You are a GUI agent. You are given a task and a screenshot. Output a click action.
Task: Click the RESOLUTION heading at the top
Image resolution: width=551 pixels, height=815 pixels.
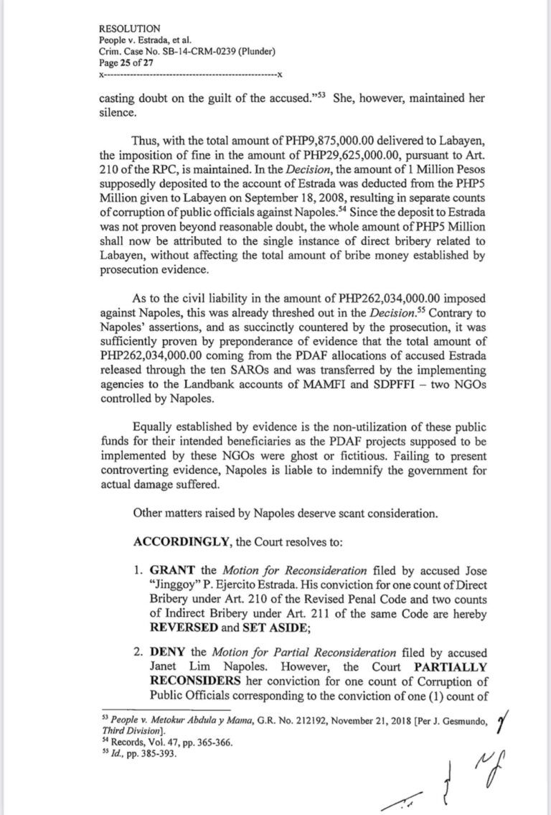(129, 28)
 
